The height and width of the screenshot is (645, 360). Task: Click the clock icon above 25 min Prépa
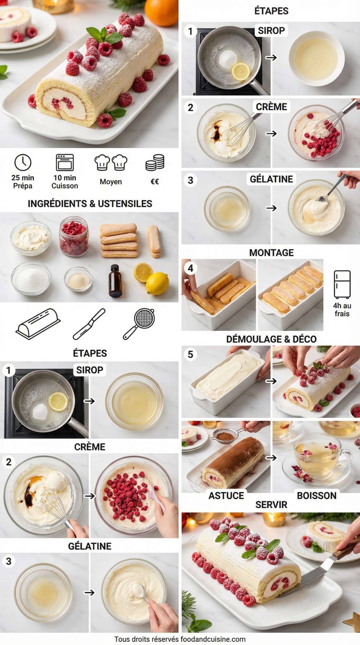click(x=23, y=163)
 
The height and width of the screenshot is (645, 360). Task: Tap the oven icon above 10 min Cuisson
click(x=65, y=162)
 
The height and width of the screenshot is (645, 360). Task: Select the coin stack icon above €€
click(x=155, y=163)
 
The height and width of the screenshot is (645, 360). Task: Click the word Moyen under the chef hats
click(x=111, y=182)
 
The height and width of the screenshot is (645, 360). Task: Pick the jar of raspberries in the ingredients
click(x=74, y=236)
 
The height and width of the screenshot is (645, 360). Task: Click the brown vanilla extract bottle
click(x=115, y=281)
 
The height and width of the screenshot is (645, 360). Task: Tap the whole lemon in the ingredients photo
click(x=157, y=283)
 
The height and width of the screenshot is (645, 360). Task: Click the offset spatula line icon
click(x=89, y=324)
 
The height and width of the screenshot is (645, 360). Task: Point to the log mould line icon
click(x=38, y=324)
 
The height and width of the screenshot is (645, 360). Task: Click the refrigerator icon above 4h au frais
click(x=342, y=284)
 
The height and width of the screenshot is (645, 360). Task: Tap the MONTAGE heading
click(x=271, y=253)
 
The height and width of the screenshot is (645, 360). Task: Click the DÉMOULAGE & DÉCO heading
click(x=271, y=339)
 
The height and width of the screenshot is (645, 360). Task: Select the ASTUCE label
click(x=226, y=496)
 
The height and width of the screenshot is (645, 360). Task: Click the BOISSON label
click(x=317, y=496)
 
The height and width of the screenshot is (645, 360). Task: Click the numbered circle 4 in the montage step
click(x=191, y=268)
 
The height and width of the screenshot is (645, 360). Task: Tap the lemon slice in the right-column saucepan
click(x=241, y=71)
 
